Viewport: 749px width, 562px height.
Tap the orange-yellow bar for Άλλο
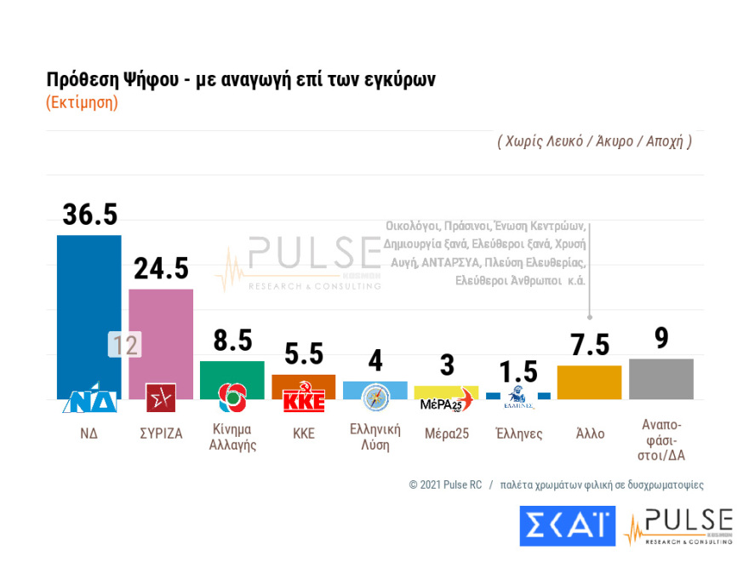click(x=589, y=382)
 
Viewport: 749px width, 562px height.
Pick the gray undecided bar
click(x=660, y=379)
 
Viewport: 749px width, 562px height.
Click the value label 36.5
click(x=89, y=215)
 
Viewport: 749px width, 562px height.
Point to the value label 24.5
click(x=161, y=269)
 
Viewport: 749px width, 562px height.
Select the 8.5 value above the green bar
click(x=232, y=341)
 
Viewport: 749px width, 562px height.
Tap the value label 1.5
click(x=517, y=372)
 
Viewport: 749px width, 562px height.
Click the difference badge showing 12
click(x=124, y=345)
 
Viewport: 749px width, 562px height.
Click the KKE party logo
click(x=304, y=400)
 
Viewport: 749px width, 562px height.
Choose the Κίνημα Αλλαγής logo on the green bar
click(x=232, y=397)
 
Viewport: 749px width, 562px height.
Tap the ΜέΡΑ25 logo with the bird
click(x=446, y=399)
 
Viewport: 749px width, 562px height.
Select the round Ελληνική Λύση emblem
click(x=375, y=398)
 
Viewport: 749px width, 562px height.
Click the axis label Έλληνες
click(x=518, y=433)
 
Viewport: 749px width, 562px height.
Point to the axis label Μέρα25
click(x=447, y=433)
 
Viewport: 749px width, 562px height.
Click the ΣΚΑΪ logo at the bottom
click(x=567, y=526)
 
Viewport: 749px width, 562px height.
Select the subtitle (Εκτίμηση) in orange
click(x=82, y=102)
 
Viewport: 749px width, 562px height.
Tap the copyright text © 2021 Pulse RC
click(x=445, y=485)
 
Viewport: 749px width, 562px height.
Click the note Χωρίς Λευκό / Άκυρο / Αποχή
click(x=594, y=141)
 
